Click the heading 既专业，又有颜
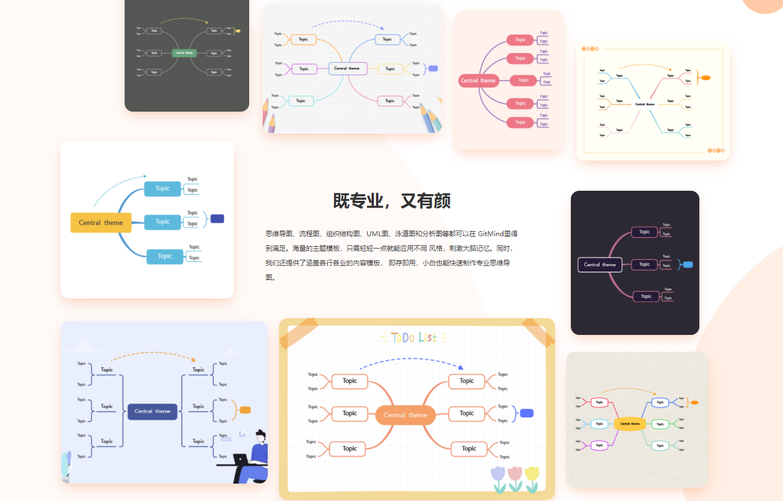(x=392, y=200)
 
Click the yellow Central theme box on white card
(x=100, y=223)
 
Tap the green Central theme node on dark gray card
(x=184, y=53)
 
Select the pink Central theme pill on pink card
(x=478, y=80)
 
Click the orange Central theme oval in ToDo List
(x=405, y=415)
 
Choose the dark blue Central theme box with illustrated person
(x=152, y=411)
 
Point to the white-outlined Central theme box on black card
(x=599, y=264)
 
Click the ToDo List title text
(x=414, y=338)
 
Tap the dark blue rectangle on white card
(x=217, y=219)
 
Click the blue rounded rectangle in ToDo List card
(x=526, y=413)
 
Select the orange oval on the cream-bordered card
(x=706, y=77)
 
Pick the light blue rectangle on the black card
(x=688, y=265)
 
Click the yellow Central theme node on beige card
(x=630, y=424)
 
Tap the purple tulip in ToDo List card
(x=498, y=474)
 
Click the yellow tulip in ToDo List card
(x=532, y=474)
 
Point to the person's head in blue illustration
(x=260, y=435)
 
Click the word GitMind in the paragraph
(x=491, y=234)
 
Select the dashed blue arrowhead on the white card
(x=145, y=176)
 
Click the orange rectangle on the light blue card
(x=245, y=410)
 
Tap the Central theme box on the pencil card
(x=347, y=68)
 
